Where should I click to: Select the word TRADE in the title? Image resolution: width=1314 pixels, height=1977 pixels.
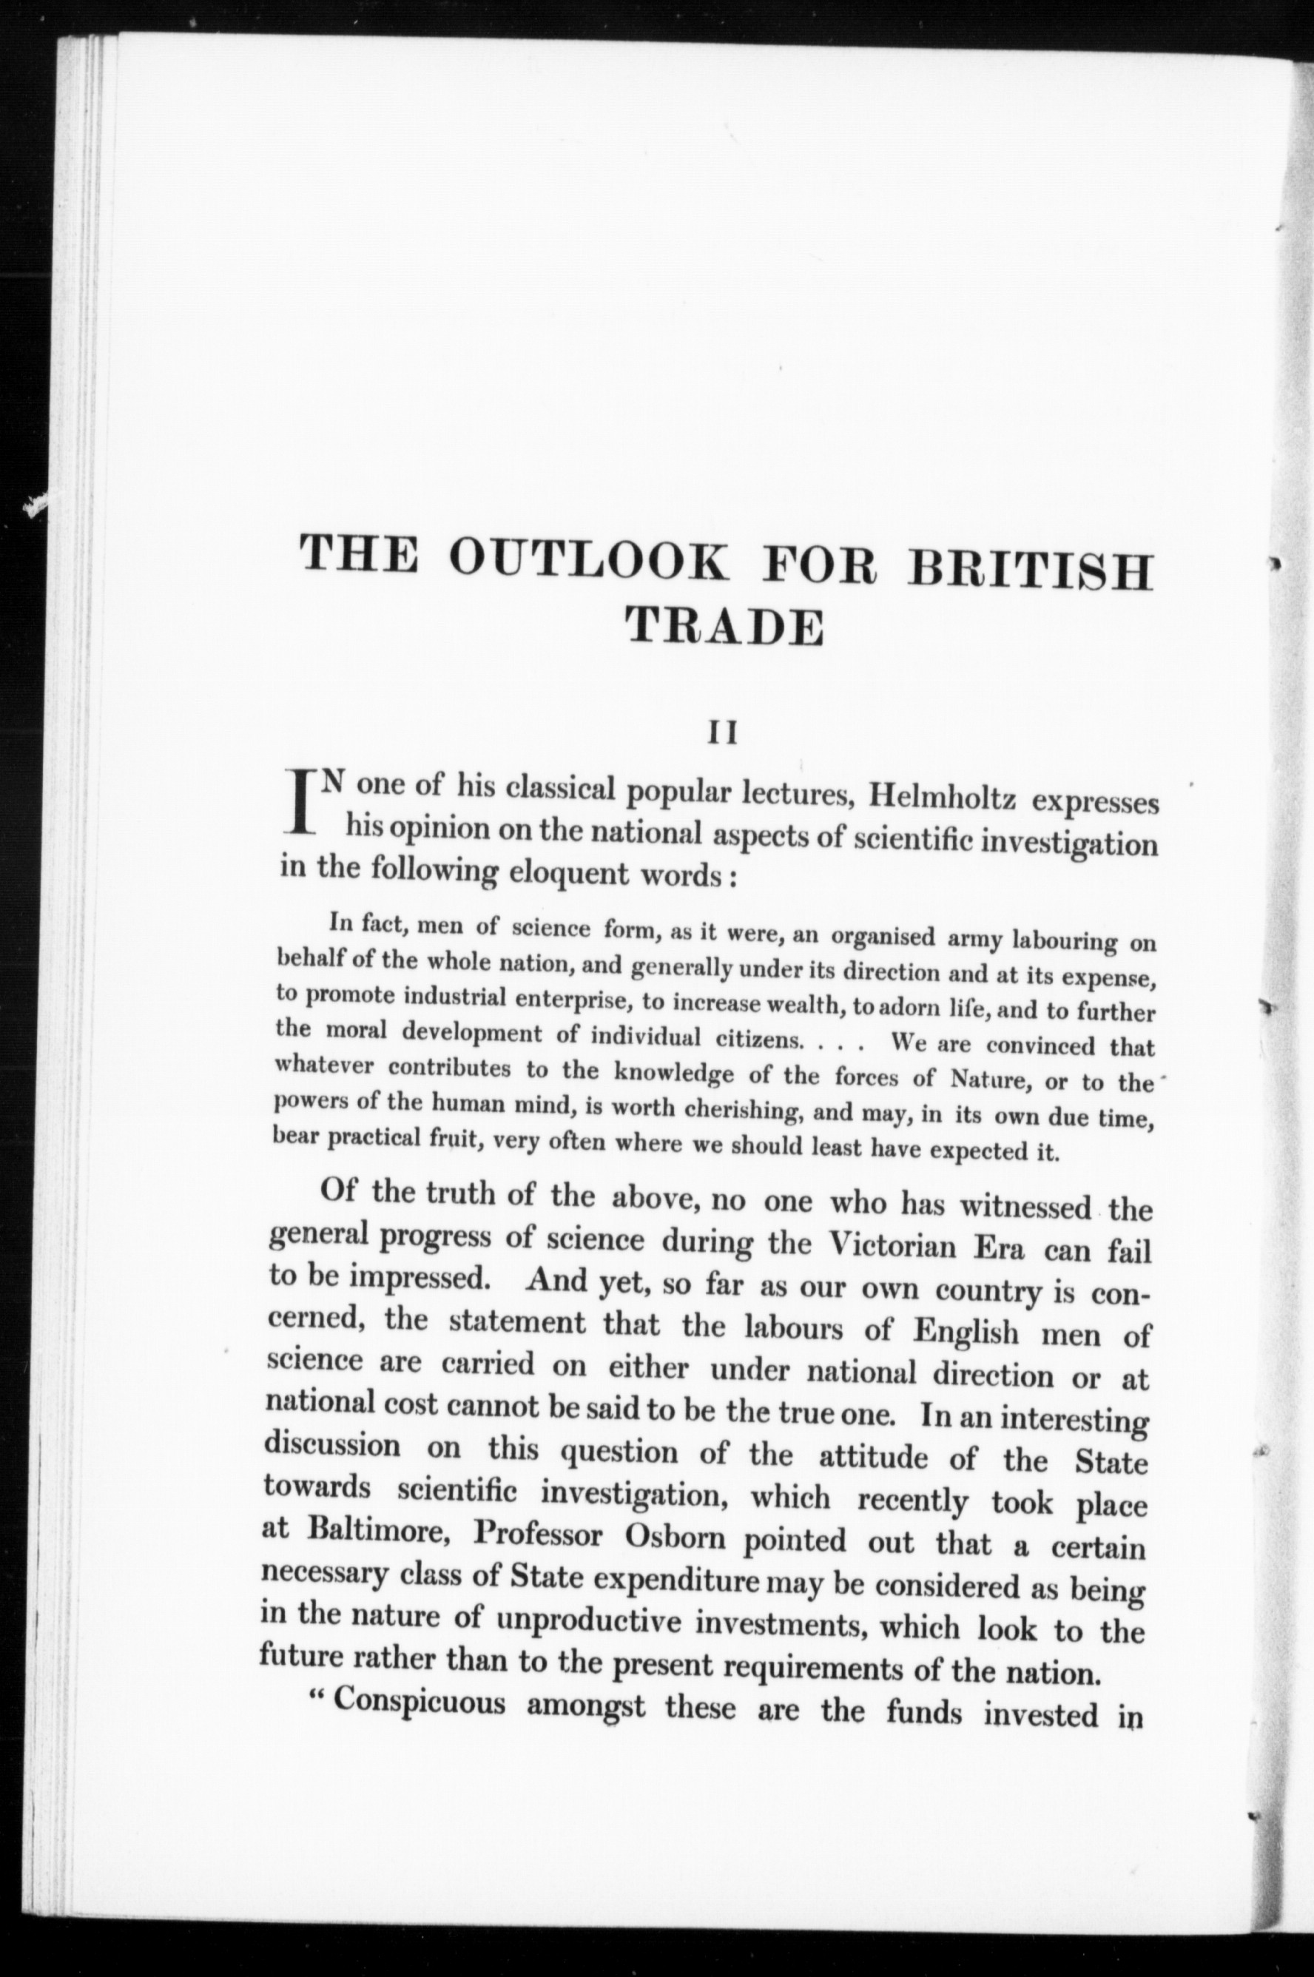coord(724,627)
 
